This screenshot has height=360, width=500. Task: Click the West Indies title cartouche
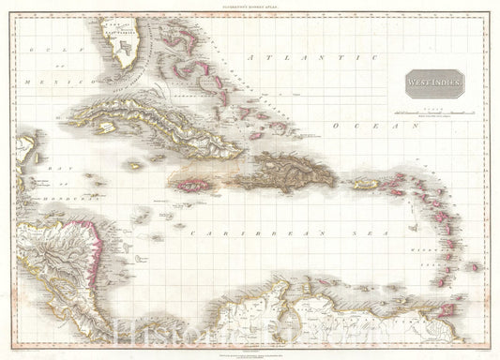434,83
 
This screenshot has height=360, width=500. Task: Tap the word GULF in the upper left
40,48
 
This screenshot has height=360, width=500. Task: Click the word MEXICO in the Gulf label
38,82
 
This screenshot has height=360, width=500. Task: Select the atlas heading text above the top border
250,7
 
